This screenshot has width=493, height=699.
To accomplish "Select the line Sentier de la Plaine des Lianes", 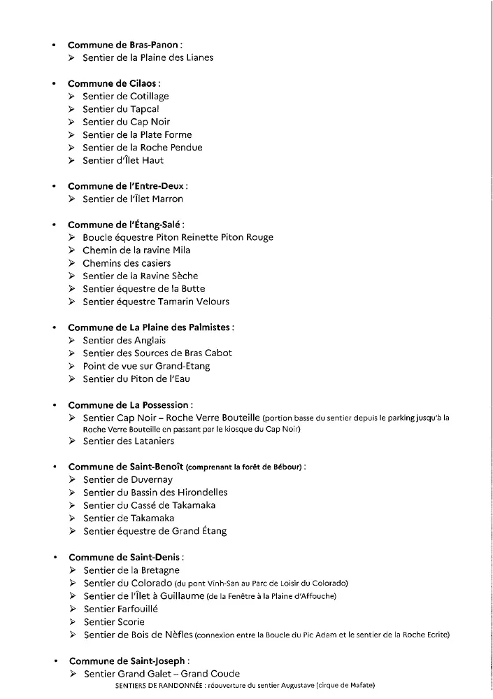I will pyautogui.click(x=148, y=57).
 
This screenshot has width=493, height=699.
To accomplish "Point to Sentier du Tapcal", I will pyautogui.click(x=121, y=109).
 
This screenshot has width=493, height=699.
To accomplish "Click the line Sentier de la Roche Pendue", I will pyautogui.click(x=142, y=148).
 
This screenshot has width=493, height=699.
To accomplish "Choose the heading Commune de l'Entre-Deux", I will pyautogui.click(x=127, y=186).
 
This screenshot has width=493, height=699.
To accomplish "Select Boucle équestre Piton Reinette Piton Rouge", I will pyautogui.click(x=178, y=237).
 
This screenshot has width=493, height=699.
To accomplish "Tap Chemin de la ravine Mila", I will pyautogui.click(x=136, y=250).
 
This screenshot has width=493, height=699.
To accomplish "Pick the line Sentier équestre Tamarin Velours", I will pyautogui.click(x=155, y=302).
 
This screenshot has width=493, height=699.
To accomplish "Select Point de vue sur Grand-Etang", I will pyautogui.click(x=146, y=366).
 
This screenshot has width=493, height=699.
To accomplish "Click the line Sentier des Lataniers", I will pyautogui.click(x=129, y=441).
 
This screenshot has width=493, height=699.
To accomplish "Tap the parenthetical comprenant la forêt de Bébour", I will pyautogui.click(x=247, y=467).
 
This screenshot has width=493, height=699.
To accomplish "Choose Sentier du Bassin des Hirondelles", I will pyautogui.click(x=155, y=492).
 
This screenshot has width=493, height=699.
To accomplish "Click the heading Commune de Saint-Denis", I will pyautogui.click(x=125, y=558).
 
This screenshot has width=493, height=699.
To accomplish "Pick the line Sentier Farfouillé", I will pyautogui.click(x=120, y=609).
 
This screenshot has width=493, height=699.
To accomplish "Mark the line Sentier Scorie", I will pyautogui.click(x=114, y=621).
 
